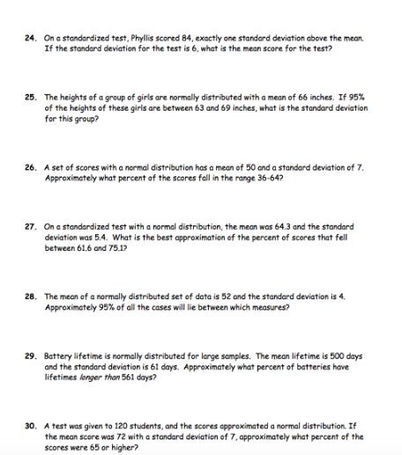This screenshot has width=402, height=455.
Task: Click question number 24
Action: pyautogui.click(x=30, y=39)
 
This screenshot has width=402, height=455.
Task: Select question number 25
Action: pyautogui.click(x=30, y=97)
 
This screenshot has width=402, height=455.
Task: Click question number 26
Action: pyautogui.click(x=30, y=165)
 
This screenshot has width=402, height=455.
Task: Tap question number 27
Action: pyautogui.click(x=30, y=226)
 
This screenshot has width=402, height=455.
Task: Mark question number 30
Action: pyautogui.click(x=30, y=425)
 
